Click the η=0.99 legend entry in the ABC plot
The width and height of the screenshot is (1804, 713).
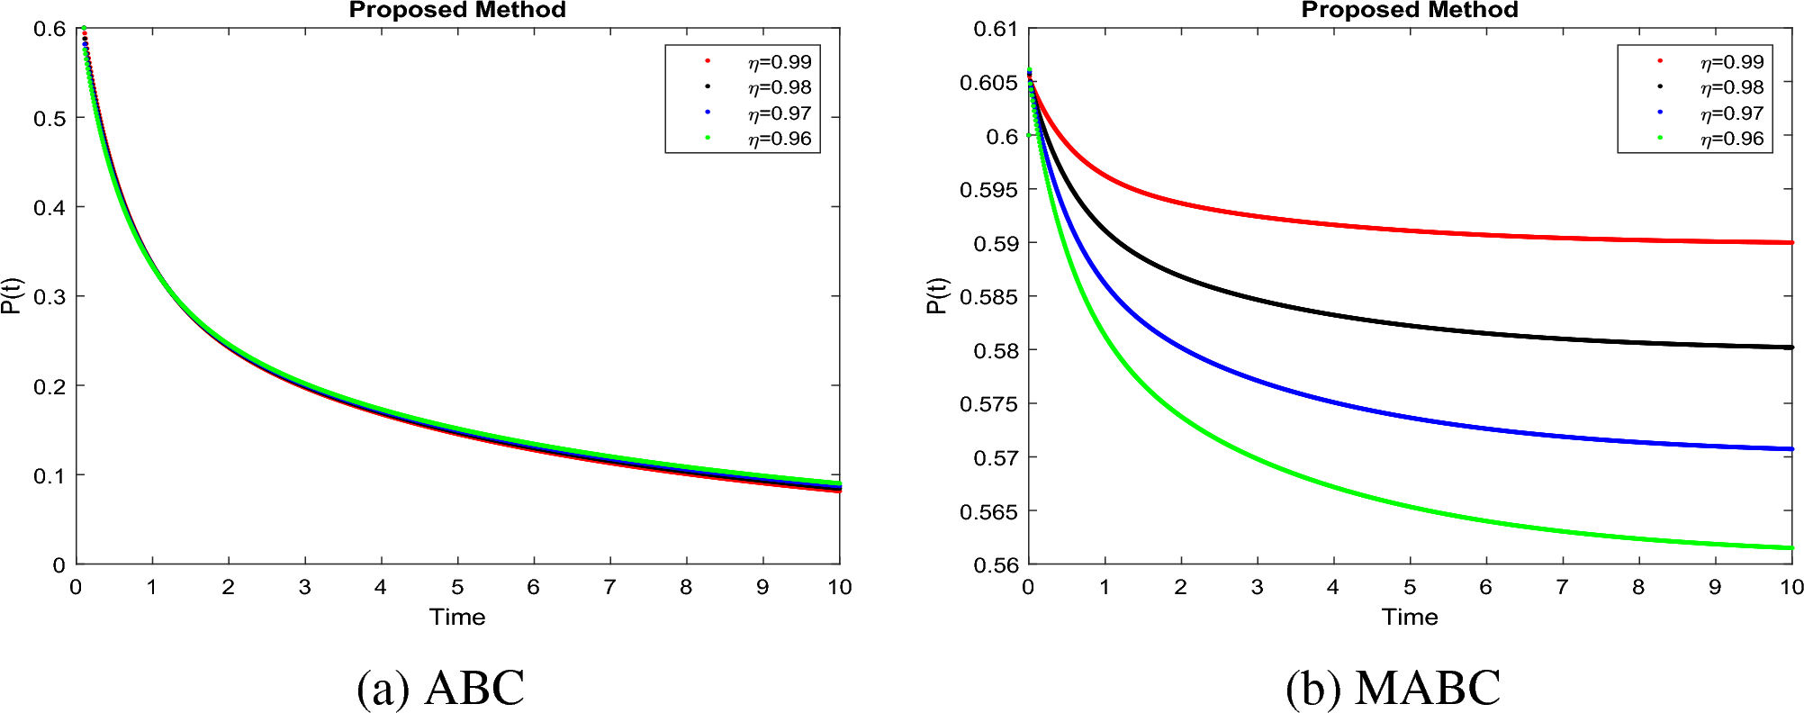779,62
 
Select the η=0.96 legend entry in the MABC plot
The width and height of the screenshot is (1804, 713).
1731,139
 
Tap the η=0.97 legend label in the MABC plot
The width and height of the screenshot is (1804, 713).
1731,113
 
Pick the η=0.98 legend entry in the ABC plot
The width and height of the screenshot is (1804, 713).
779,87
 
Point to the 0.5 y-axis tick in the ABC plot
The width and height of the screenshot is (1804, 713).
50,118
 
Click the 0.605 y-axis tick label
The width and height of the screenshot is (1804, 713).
988,83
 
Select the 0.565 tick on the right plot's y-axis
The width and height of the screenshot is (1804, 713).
988,511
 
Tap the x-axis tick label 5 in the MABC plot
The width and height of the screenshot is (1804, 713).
1410,587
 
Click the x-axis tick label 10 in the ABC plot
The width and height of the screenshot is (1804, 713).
839,587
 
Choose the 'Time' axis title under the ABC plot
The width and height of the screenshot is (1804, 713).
457,617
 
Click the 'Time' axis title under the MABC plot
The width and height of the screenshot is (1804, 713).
1410,617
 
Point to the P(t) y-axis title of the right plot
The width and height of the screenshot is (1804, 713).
936,295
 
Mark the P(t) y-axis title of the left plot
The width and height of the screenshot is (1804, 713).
11,295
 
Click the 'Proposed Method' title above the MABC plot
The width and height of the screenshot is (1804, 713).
1410,10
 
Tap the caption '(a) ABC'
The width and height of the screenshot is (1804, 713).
440,688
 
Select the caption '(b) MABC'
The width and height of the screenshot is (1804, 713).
1393,688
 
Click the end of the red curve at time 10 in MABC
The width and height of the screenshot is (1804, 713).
1790,242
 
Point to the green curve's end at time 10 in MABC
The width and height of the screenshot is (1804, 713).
1790,547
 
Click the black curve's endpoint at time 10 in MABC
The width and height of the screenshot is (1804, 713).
1790,347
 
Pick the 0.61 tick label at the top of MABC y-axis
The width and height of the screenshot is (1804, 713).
995,29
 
